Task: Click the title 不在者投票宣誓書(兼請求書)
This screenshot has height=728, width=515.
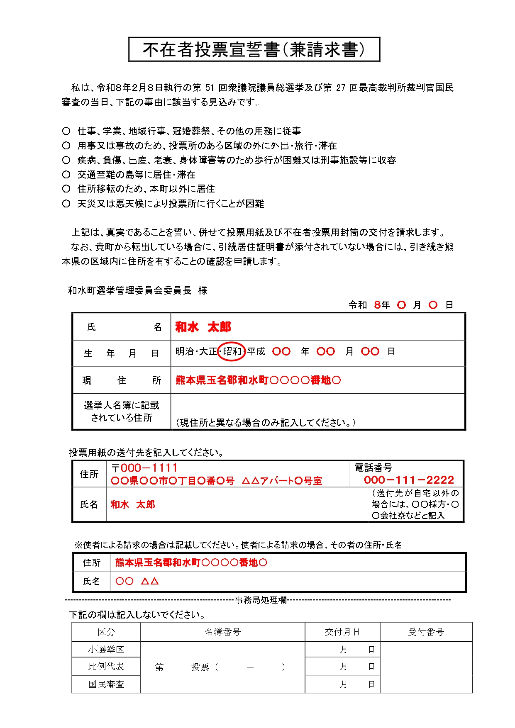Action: tap(254, 50)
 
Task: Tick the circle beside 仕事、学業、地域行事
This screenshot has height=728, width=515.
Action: tap(66, 131)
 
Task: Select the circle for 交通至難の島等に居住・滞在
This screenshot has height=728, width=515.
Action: tap(66, 175)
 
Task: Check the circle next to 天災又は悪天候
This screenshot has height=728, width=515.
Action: tap(66, 204)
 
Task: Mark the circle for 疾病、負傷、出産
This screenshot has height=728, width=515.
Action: tap(66, 160)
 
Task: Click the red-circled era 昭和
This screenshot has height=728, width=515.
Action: tap(232, 352)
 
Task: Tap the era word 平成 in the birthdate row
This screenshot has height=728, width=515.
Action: tap(256, 352)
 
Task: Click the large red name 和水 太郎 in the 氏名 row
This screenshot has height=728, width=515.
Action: tap(203, 327)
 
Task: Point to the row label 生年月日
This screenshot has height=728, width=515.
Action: tap(121, 353)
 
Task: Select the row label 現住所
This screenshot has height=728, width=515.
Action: tap(121, 380)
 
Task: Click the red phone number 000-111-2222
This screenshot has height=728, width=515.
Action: tap(409, 480)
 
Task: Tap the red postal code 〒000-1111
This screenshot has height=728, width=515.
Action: tap(144, 468)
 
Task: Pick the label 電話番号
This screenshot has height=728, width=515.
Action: tap(373, 468)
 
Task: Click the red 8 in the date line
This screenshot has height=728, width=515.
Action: tap(377, 305)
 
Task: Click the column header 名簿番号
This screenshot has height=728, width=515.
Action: tap(222, 632)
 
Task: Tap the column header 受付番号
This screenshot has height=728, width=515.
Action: tap(426, 632)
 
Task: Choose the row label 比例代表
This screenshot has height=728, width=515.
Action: tap(106, 666)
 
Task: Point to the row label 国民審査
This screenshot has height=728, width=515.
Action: tap(106, 684)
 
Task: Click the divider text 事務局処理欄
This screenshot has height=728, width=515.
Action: tap(261, 600)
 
